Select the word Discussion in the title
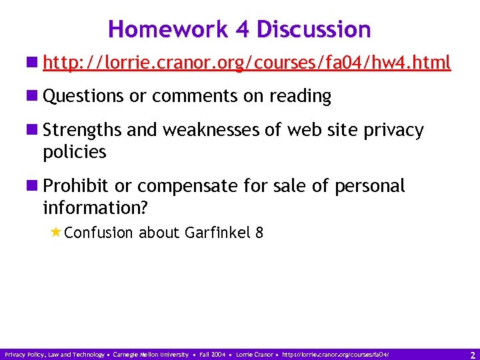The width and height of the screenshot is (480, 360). pos(313,29)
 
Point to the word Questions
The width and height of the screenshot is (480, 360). pos(84,96)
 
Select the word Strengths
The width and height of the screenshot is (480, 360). pos(83,130)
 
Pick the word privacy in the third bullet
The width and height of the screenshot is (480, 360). pos(393,130)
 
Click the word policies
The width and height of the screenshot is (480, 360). pos(74,152)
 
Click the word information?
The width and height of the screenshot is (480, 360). pos(95,208)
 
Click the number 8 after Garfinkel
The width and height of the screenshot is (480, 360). pos(259,233)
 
